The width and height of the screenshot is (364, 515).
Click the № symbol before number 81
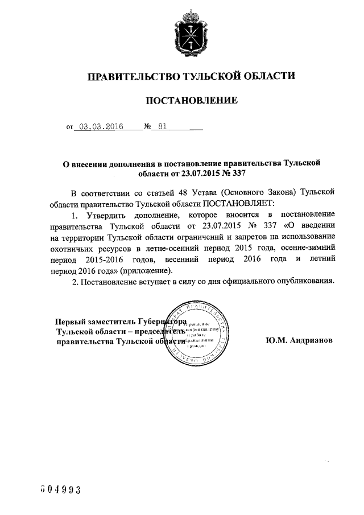pos(147,129)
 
